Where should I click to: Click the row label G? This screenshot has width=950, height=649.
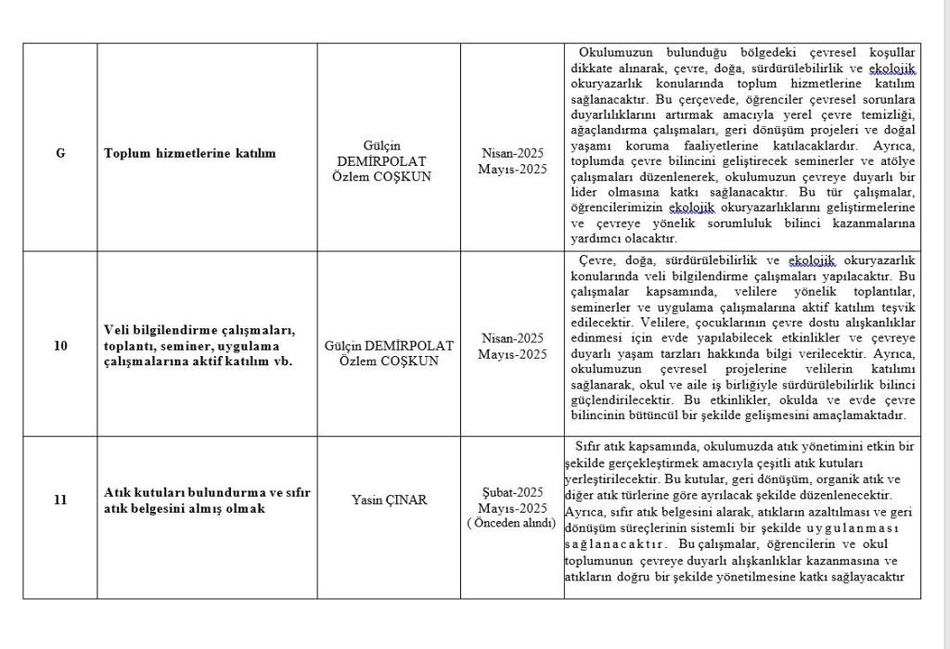point(60,153)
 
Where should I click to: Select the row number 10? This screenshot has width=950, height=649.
point(60,346)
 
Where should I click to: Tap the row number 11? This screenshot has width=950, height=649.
point(60,501)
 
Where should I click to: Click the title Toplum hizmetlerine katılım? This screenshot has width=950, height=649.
point(190,153)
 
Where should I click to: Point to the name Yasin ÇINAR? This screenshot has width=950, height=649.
point(389,501)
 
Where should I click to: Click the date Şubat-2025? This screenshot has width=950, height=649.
point(512,492)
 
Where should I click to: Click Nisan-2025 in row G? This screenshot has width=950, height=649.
point(512,153)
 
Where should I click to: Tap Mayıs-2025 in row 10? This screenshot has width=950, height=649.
point(512,354)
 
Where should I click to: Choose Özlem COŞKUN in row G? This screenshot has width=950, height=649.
point(381,176)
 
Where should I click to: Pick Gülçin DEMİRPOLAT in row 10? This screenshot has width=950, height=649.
point(389,346)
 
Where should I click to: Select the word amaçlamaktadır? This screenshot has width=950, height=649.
point(860,414)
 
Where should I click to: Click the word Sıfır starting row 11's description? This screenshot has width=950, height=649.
point(590,446)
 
